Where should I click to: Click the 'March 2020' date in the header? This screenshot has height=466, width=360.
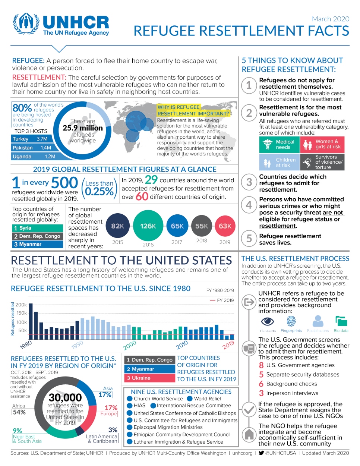(x=330, y=19)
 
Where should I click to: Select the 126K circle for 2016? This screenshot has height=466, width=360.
(x=148, y=226)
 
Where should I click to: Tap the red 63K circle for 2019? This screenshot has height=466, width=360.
(x=225, y=226)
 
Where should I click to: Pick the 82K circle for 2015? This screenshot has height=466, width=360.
(x=117, y=226)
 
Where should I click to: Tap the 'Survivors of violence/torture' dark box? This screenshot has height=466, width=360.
(x=322, y=162)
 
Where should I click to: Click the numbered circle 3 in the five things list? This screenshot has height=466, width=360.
(x=249, y=182)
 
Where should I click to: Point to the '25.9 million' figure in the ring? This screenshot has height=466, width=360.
(x=83, y=128)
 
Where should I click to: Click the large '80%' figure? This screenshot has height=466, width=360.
(x=22, y=108)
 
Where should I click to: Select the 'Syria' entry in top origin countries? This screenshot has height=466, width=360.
(x=37, y=228)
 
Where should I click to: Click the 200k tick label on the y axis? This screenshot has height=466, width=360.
(x=21, y=305)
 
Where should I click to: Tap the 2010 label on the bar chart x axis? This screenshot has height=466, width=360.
(x=182, y=345)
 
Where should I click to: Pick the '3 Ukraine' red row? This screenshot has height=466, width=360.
(x=149, y=378)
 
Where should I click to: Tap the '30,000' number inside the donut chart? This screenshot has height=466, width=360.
(x=65, y=397)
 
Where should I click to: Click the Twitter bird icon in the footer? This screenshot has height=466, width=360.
(x=261, y=453)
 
